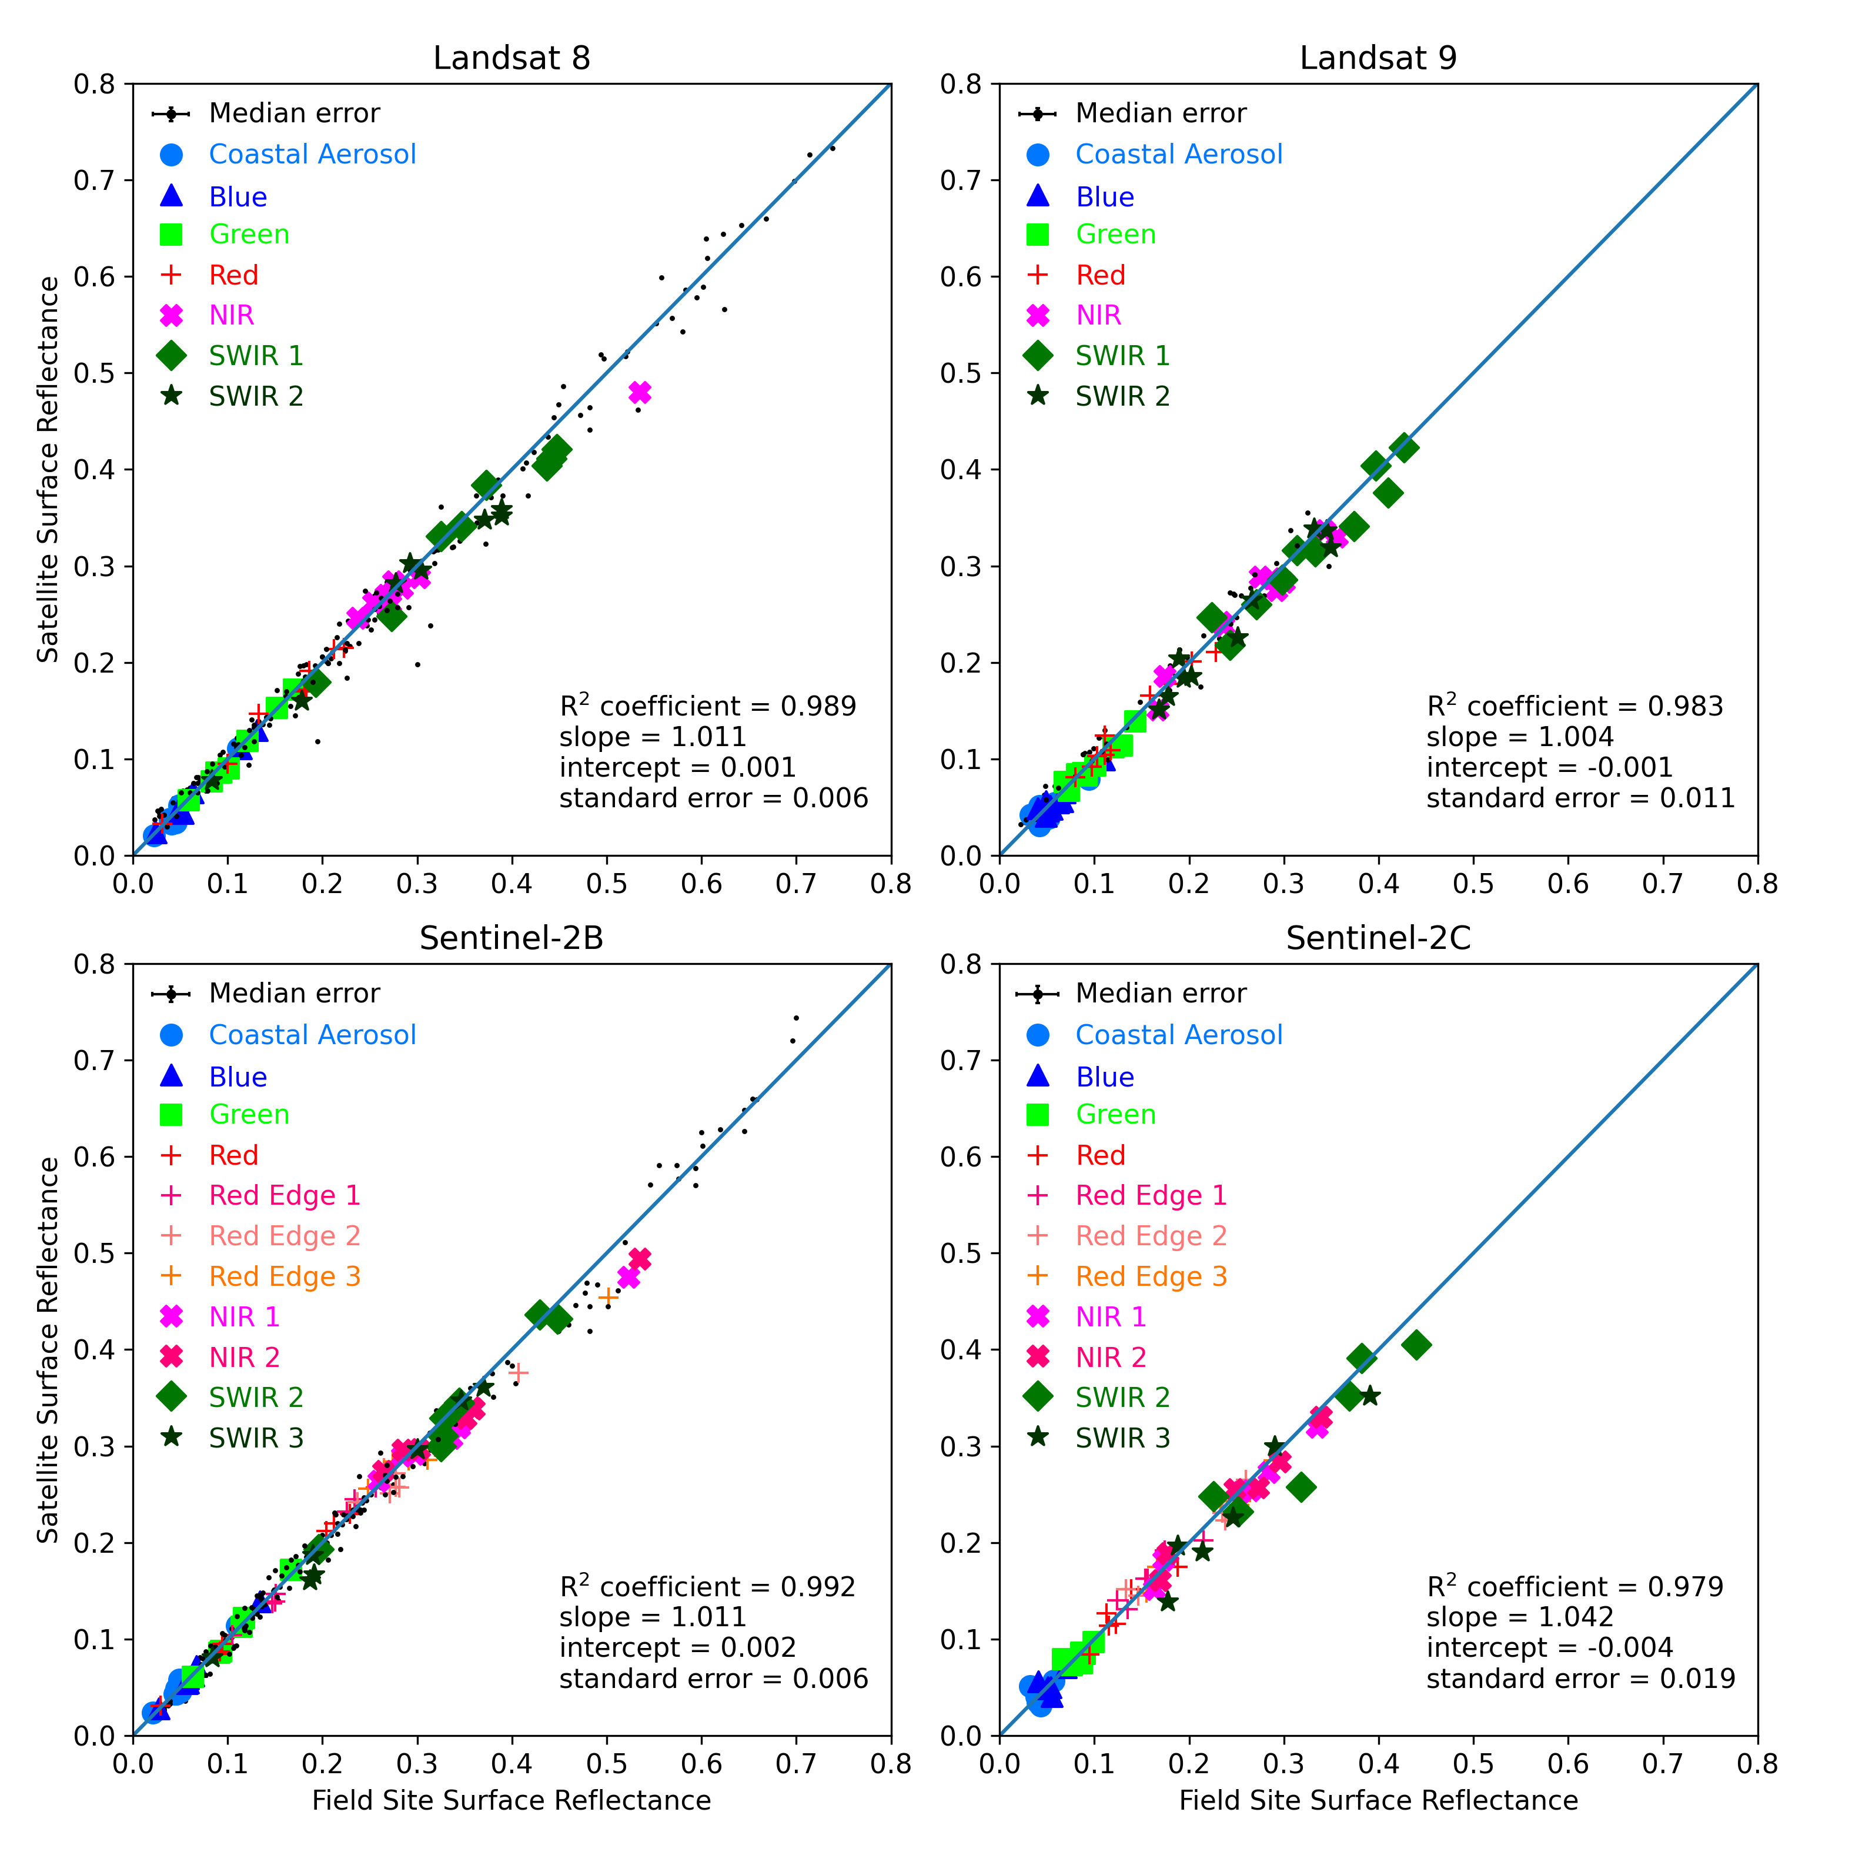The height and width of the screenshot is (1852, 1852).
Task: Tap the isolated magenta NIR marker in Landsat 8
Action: tap(640, 392)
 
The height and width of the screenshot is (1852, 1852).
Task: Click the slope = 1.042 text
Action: tap(1519, 1617)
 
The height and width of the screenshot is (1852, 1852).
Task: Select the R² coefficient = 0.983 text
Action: tap(1574, 707)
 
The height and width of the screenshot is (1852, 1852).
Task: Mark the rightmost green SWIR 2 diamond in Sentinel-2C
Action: tap(1416, 1345)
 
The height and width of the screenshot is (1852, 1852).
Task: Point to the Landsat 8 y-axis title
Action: tap(48, 470)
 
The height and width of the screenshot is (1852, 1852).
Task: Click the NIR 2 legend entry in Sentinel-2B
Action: tap(245, 1358)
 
